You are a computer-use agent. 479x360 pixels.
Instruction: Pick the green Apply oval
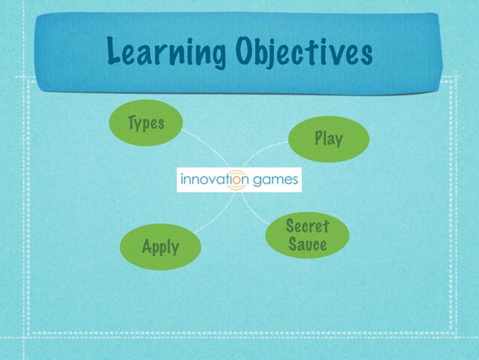[x=160, y=245]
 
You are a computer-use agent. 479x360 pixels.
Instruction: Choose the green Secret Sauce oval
[x=306, y=235]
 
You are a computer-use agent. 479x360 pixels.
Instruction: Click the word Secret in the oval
[x=307, y=225]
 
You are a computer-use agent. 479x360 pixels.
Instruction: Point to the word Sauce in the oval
[x=307, y=245]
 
